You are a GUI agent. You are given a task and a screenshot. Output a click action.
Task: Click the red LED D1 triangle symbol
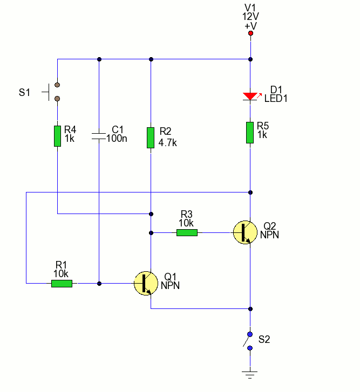coord(250,96)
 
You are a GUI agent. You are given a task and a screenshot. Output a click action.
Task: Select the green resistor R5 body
coord(250,133)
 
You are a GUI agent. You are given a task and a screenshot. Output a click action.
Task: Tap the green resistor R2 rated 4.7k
coord(151,137)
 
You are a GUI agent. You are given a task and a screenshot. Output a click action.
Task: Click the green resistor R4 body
coord(57,136)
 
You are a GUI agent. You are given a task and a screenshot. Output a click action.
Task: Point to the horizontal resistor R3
coord(187,232)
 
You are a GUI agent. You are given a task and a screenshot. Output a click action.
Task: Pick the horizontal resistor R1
coord(62,283)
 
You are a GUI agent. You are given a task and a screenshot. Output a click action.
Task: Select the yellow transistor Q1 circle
coord(146,283)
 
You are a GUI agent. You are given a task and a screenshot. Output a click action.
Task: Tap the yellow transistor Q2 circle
coord(245,232)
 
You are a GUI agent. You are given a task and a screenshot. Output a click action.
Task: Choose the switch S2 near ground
coord(249,341)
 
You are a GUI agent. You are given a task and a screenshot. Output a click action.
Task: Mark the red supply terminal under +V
coord(250,34)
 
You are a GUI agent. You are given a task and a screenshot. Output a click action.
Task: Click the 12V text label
coord(250,17)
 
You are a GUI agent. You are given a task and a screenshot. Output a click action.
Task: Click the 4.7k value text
coord(168,143)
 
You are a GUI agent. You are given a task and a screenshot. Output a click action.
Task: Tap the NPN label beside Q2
coord(270,235)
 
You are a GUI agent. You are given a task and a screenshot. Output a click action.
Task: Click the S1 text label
coord(24,92)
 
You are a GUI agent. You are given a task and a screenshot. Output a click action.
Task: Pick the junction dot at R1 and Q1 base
coord(99,283)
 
